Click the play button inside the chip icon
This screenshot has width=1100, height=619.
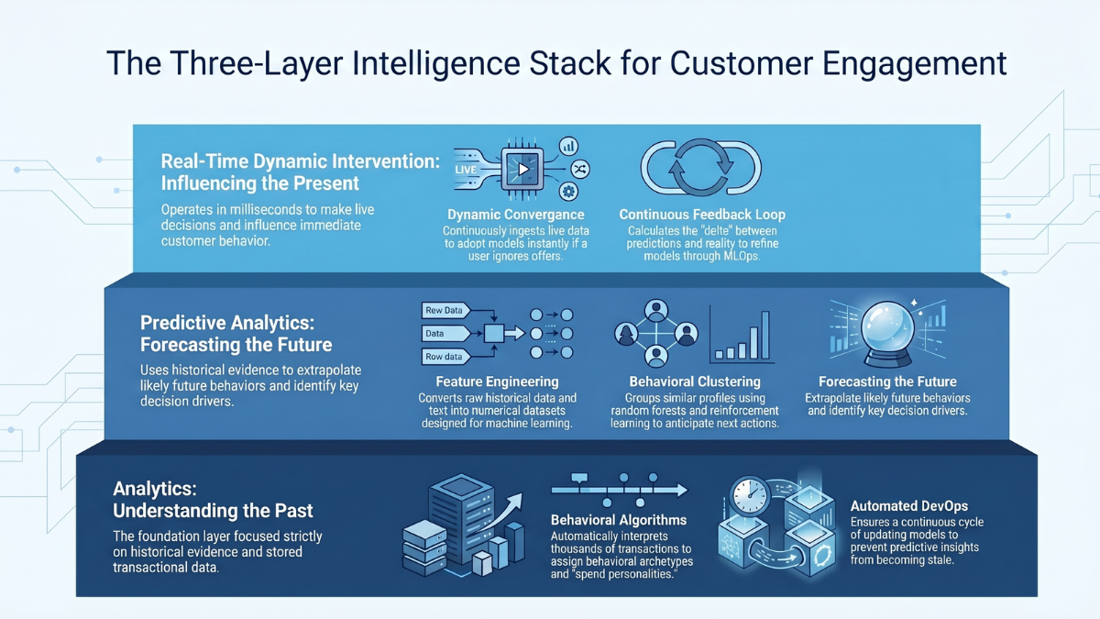tap(523, 169)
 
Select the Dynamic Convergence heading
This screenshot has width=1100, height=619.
tap(515, 215)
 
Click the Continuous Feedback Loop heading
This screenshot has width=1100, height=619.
tap(702, 215)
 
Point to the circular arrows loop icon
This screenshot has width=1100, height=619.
tap(700, 169)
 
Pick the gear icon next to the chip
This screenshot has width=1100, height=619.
tap(568, 191)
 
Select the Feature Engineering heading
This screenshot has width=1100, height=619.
tap(498, 381)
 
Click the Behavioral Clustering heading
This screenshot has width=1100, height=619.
tap(695, 381)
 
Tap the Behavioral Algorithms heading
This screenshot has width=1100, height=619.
tap(619, 520)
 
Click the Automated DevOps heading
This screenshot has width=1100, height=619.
tap(908, 505)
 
